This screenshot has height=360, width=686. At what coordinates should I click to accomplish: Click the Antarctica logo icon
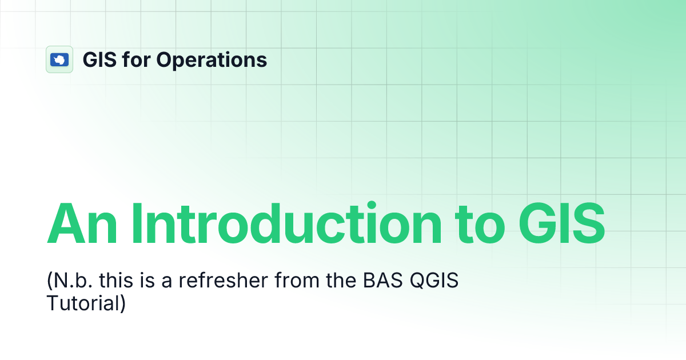pyautogui.click(x=59, y=59)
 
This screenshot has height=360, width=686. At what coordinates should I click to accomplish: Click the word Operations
pyautogui.click(x=212, y=59)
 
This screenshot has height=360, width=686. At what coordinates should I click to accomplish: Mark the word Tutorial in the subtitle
pyautogui.click(x=82, y=303)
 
